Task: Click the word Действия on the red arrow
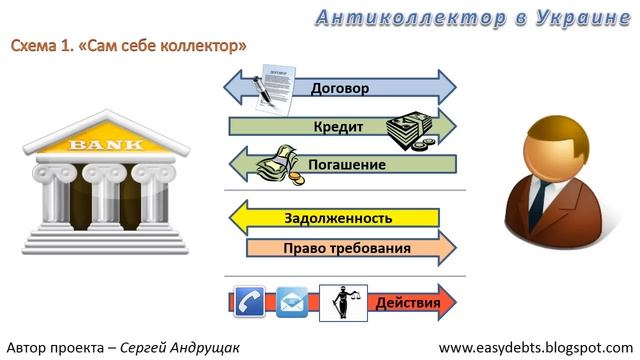(x=407, y=301)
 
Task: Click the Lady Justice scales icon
(x=339, y=301)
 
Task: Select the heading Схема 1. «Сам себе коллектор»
(x=129, y=47)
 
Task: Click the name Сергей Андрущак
(x=179, y=347)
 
